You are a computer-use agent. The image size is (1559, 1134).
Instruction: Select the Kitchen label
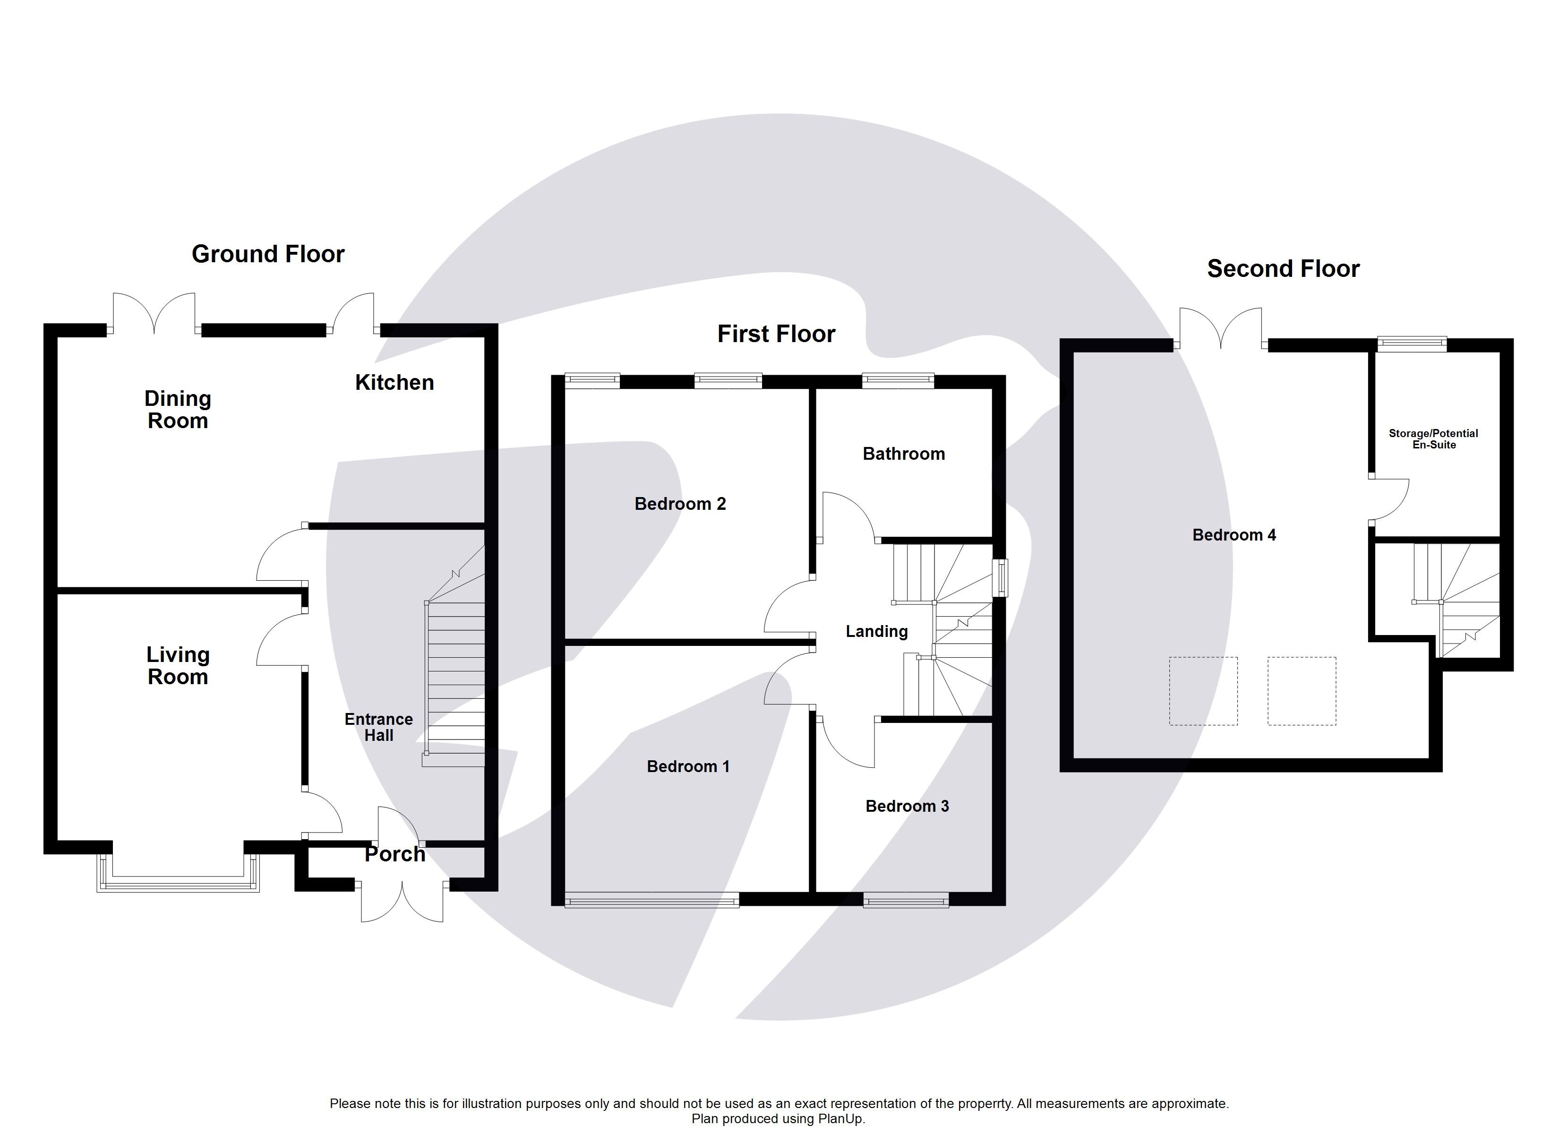click(x=394, y=382)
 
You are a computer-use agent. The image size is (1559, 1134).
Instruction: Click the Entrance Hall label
click(x=379, y=727)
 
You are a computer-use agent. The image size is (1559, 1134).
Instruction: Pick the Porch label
click(x=394, y=854)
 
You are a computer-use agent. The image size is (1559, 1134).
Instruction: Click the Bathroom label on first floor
click(x=903, y=454)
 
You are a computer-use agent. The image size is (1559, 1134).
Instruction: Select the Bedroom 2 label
click(x=679, y=504)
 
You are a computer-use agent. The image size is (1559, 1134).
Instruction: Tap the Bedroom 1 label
click(x=687, y=767)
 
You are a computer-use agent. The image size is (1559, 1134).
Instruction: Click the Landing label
click(x=876, y=631)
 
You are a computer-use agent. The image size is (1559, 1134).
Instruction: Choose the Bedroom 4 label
click(x=1234, y=535)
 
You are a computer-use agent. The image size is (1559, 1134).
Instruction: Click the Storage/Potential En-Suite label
click(x=1433, y=439)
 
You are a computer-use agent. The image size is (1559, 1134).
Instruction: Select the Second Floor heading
click(x=1283, y=269)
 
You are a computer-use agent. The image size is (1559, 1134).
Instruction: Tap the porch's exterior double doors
click(x=402, y=901)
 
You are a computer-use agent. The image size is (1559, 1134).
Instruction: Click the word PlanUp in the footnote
click(x=840, y=1119)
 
